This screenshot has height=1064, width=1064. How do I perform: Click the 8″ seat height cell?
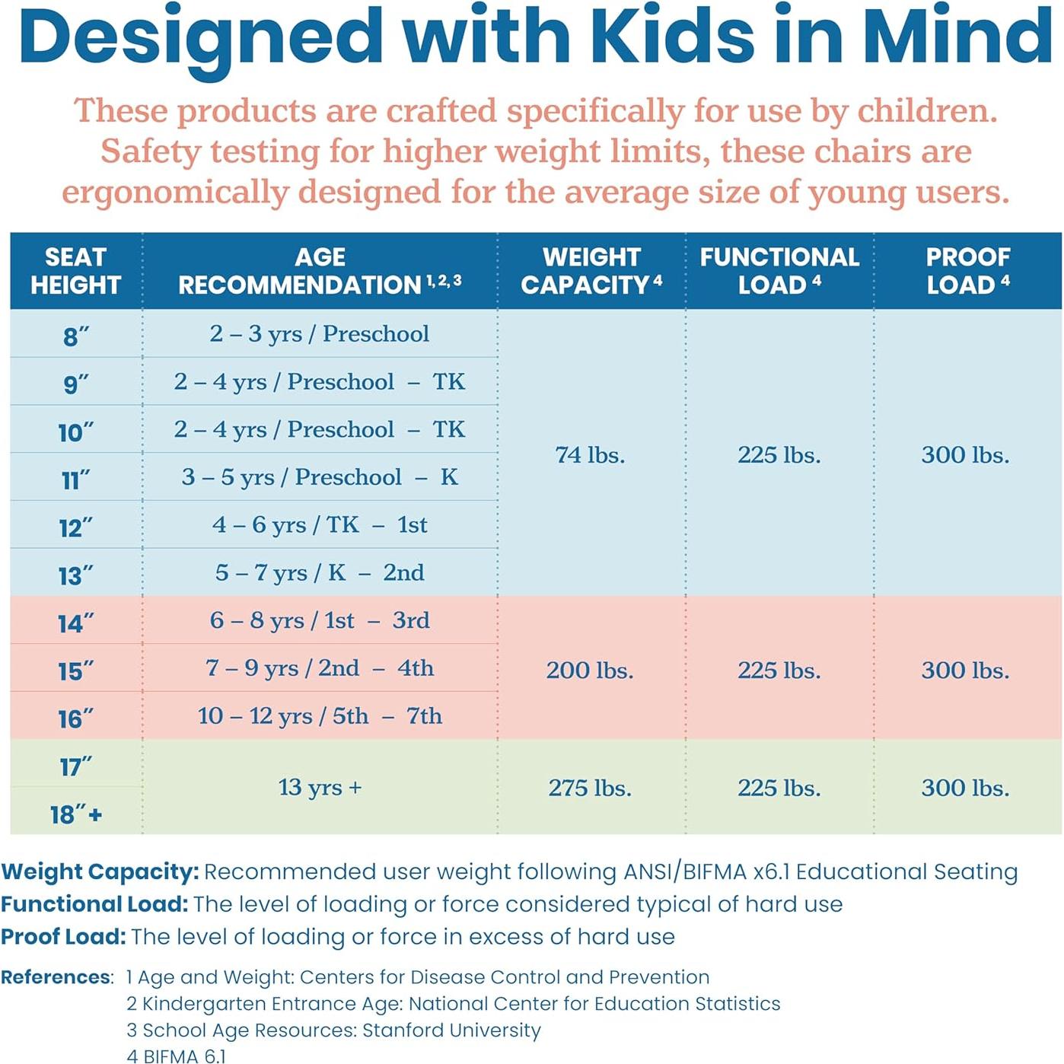click(x=75, y=336)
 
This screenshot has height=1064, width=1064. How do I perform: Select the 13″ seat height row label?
click(x=75, y=575)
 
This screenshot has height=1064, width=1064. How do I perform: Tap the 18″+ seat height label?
click(x=75, y=814)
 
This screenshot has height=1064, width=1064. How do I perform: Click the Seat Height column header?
click(x=75, y=271)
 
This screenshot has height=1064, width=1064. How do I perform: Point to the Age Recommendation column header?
click(x=320, y=271)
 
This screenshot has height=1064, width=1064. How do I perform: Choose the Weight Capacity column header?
click(x=591, y=271)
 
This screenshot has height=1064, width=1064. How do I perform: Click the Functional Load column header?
click(x=779, y=271)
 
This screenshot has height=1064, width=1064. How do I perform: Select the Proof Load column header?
click(x=967, y=271)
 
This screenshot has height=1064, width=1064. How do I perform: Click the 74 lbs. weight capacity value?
click(x=590, y=455)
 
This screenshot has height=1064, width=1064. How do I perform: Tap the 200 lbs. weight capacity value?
click(x=590, y=671)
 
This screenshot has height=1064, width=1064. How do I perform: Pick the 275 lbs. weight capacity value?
click(x=590, y=788)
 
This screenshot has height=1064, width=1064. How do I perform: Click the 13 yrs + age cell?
click(x=320, y=787)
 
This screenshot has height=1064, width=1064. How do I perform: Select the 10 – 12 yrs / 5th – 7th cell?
click(x=320, y=716)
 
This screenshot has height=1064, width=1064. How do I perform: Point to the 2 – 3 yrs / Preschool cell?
click(x=320, y=334)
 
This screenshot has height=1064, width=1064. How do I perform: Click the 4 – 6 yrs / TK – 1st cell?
click(x=320, y=525)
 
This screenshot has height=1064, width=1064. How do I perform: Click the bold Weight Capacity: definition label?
click(x=100, y=872)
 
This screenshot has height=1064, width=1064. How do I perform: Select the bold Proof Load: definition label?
click(x=63, y=937)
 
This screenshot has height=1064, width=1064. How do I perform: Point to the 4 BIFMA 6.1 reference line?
click(x=177, y=1056)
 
